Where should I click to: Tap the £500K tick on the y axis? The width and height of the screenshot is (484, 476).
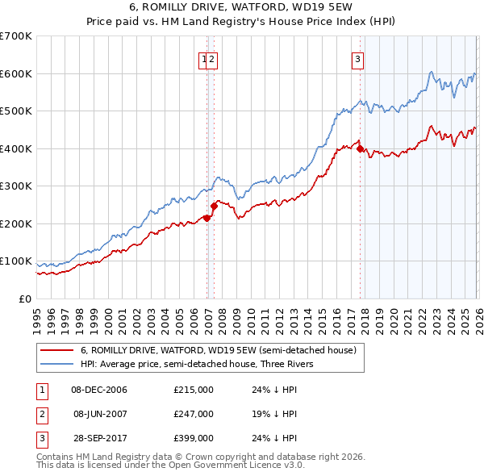[x=16, y=111]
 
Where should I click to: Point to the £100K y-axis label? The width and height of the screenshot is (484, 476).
[x=16, y=261]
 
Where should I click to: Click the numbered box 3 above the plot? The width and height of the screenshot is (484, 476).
[x=357, y=58]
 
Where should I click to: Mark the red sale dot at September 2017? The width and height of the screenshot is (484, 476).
[x=360, y=149]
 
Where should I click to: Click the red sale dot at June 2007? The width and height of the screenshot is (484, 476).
[x=214, y=206]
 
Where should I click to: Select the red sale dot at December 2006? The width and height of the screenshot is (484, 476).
[x=207, y=218]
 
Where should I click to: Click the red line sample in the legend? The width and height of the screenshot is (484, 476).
[x=56, y=350]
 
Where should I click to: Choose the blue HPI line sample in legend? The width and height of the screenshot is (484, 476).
[x=56, y=364]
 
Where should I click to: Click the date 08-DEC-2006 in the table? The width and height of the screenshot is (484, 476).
[x=99, y=390]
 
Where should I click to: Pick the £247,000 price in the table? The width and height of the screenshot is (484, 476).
[x=194, y=414]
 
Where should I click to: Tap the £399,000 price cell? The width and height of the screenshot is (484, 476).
[x=194, y=438]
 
